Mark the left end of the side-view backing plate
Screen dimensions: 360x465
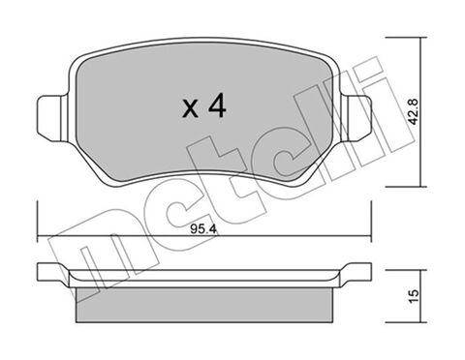coord(41,271)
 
